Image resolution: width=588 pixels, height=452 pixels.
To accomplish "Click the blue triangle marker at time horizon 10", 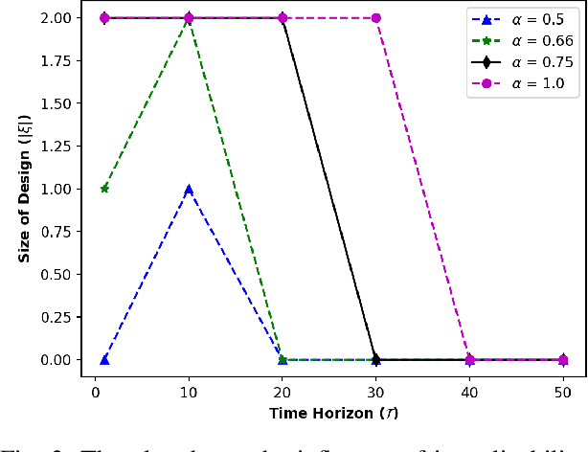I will [x=189, y=189].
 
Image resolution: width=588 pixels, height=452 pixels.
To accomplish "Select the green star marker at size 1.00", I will [x=104, y=189].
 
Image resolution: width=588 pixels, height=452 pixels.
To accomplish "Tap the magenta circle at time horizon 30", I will [x=376, y=18].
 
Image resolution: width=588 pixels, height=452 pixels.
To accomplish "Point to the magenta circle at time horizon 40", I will [x=470, y=360].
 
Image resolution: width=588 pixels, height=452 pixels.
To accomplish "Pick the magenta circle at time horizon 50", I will [x=564, y=360].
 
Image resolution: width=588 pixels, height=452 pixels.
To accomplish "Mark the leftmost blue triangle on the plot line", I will [x=104, y=360].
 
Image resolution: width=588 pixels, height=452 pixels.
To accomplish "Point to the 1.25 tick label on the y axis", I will [x=57, y=146].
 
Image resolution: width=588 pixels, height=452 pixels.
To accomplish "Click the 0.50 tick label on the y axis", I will [x=57, y=274].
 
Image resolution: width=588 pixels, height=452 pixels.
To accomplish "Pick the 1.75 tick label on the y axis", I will [x=57, y=60].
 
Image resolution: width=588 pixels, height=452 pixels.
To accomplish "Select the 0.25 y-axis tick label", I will [x=57, y=317].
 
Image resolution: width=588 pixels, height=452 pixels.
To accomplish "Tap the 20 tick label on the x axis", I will [x=283, y=393].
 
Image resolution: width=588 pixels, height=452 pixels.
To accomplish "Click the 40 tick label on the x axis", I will [x=470, y=393].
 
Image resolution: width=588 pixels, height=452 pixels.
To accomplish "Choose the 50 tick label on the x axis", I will [x=564, y=393].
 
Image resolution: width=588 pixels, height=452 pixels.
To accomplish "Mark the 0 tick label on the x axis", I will [x=96, y=393].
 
